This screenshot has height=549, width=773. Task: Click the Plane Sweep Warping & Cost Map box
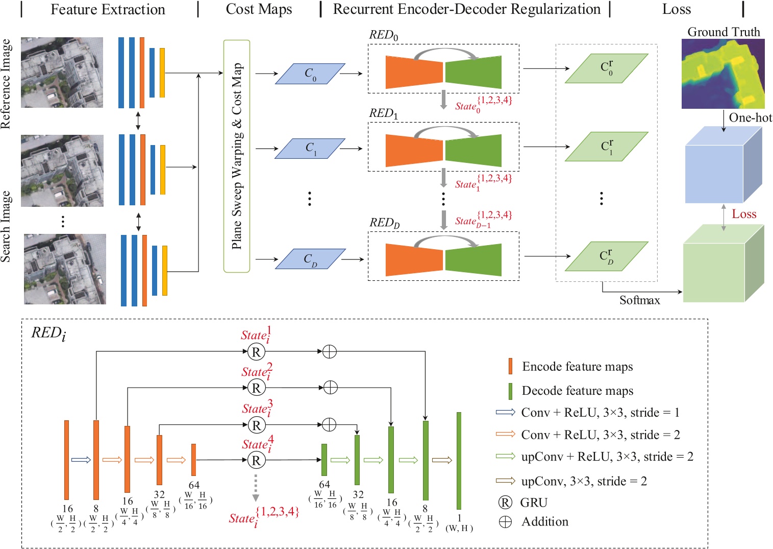click(x=236, y=156)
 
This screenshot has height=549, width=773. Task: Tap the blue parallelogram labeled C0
click(x=310, y=74)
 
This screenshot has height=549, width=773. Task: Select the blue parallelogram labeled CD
click(x=310, y=259)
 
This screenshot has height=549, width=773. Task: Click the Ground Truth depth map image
click(x=723, y=74)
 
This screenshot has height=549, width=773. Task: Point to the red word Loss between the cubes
click(x=744, y=214)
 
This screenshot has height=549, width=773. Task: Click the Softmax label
click(x=639, y=300)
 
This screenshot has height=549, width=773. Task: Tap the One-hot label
click(x=750, y=118)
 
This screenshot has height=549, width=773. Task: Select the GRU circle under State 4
click(x=256, y=461)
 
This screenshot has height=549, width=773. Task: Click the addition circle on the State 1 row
click(x=330, y=351)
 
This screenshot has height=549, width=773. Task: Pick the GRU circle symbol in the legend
click(x=505, y=503)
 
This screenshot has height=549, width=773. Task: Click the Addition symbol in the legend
click(x=505, y=522)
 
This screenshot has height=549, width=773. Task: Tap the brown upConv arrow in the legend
click(x=505, y=481)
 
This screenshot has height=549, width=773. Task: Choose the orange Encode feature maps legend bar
click(x=510, y=366)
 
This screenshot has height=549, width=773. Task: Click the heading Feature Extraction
click(x=108, y=10)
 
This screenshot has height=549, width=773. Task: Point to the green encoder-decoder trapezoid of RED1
click(x=473, y=150)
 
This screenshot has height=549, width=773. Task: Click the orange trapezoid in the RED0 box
click(x=414, y=72)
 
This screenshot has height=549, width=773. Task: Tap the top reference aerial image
click(x=62, y=73)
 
